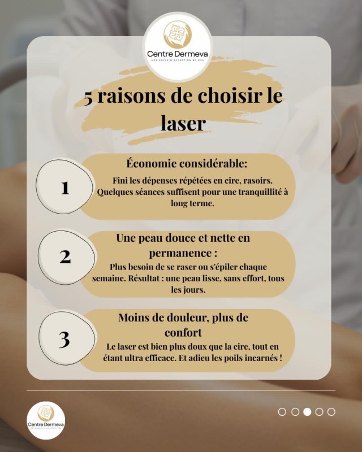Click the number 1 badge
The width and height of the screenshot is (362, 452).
(x=65, y=187)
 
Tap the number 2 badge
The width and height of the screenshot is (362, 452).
(x=65, y=257)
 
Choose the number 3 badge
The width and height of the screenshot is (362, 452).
(x=64, y=339)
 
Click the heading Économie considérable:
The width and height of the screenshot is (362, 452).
(x=187, y=164)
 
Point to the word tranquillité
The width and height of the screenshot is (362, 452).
(x=255, y=192)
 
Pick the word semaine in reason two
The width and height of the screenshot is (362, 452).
(x=108, y=279)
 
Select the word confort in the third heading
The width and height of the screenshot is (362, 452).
(x=183, y=332)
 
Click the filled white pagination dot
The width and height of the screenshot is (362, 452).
(x=307, y=412)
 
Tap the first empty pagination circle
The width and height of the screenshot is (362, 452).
(x=282, y=412)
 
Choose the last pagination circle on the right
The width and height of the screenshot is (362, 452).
(x=331, y=412)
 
